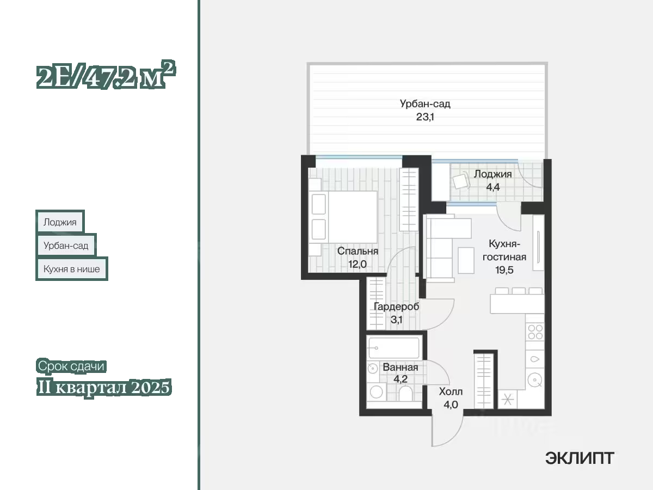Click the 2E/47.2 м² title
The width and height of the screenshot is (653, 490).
point(106,75)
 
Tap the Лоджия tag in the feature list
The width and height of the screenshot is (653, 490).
point(60,222)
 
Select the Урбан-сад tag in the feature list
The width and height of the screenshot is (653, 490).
point(66,245)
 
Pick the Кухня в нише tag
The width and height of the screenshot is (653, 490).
point(72,269)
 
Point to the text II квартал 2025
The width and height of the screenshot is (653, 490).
point(104,387)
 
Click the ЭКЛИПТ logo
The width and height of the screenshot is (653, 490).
point(580,458)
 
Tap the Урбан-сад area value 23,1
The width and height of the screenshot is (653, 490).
point(425,117)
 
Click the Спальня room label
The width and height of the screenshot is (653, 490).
point(358,251)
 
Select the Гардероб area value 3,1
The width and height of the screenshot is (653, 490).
point(396,320)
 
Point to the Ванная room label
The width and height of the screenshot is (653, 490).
point(401,367)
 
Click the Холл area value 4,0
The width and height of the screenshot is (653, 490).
point(451,405)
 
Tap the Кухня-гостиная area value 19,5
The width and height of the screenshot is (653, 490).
point(504,270)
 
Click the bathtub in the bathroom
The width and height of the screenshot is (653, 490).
point(394,347)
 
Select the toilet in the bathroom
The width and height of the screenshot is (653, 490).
point(406,393)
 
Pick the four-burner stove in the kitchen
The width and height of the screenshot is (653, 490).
point(535,332)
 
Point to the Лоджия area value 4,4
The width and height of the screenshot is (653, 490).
point(493,187)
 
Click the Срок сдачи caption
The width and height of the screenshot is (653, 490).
point(71,366)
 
